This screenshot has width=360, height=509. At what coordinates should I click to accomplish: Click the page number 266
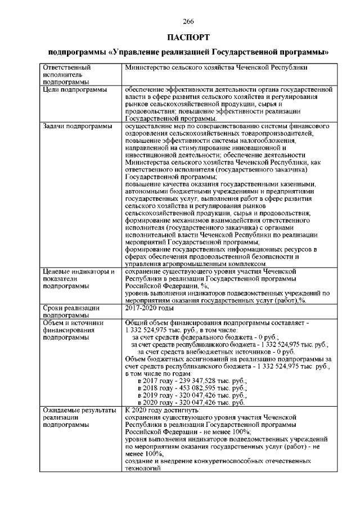pos(188,21)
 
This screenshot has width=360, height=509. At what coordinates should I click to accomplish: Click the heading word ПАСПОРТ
pos(188,37)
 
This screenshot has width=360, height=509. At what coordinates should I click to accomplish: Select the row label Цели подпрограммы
pos(73,89)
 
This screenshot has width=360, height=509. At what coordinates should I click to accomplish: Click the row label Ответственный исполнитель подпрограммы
pos(67,74)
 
